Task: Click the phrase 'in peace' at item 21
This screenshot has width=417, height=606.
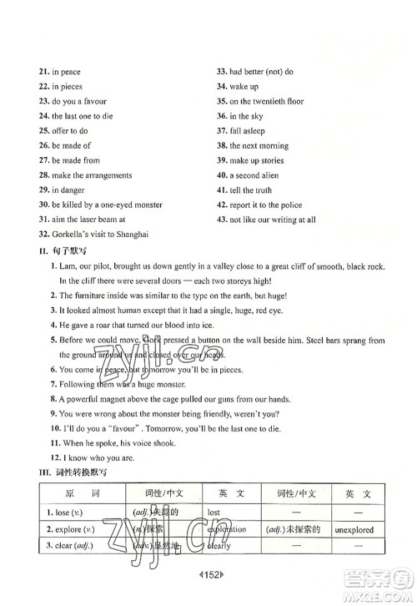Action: [x=66, y=72]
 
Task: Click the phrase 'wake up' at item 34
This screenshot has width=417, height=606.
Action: [x=244, y=87]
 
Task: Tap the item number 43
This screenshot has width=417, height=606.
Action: [x=222, y=220]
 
